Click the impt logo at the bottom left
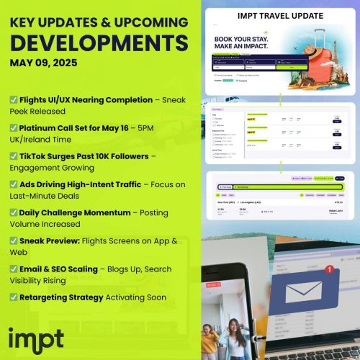[36, 338]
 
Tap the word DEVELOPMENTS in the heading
[99, 39]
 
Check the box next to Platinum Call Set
[14, 130]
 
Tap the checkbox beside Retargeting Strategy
[14, 297]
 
